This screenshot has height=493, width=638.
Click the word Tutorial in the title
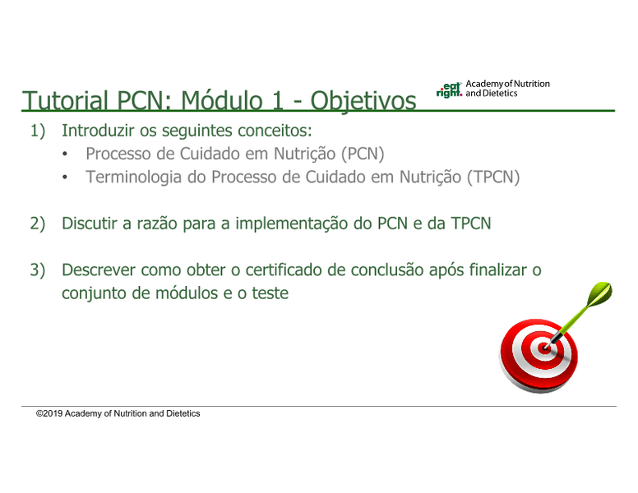(65, 100)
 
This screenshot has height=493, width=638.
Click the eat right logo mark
(449, 90)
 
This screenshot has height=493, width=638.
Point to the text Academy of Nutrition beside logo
(507, 84)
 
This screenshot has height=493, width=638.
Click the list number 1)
(38, 131)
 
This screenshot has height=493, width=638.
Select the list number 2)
(38, 223)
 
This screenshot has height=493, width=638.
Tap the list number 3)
(38, 270)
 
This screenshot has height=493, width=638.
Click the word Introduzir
(98, 130)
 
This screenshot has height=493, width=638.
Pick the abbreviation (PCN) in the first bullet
(363, 154)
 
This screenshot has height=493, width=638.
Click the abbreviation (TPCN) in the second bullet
(493, 177)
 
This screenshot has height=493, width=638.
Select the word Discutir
(90, 223)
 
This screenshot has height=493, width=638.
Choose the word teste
(270, 293)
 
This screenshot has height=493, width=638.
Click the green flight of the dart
(599, 293)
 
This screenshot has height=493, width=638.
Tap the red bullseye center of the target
(544, 348)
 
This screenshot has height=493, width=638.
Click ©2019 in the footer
(49, 413)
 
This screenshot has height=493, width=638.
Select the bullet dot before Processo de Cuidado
(65, 154)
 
